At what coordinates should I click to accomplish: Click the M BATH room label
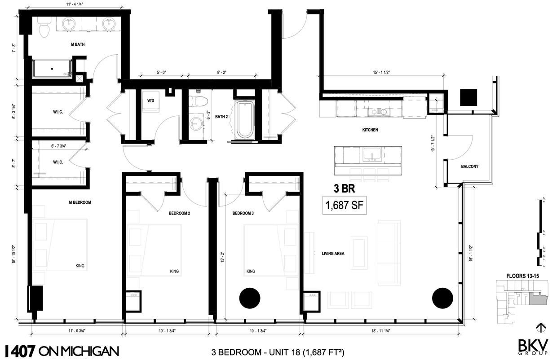[x=78, y=44]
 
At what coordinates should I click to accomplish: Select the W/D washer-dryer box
[x=150, y=101]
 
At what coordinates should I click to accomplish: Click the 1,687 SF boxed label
[x=344, y=206]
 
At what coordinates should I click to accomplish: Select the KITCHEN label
[x=370, y=130]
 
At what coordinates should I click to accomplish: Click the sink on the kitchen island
[x=372, y=155]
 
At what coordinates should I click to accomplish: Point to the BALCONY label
[x=469, y=167]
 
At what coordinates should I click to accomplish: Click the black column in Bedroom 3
[x=250, y=299]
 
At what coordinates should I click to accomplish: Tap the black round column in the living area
[x=442, y=299]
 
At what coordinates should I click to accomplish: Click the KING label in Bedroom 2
[x=174, y=271]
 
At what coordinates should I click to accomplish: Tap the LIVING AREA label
[x=333, y=254]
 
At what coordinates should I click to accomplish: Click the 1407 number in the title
[x=20, y=351]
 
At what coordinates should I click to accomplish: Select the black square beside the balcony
[x=469, y=97]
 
